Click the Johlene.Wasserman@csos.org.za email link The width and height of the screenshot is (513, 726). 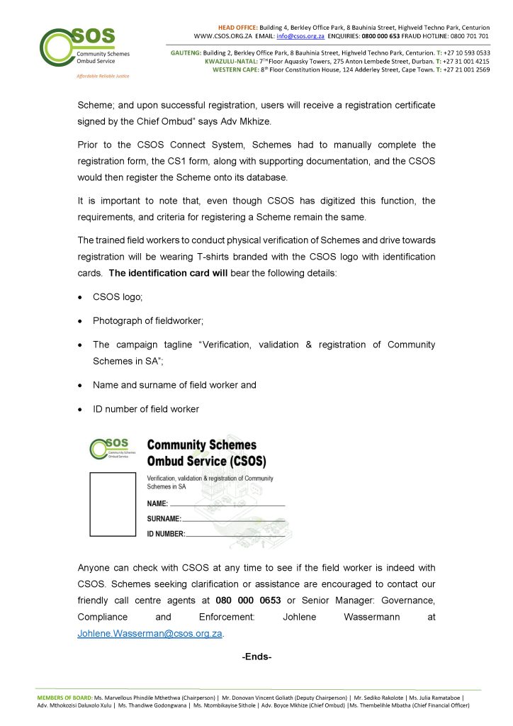point(150,633)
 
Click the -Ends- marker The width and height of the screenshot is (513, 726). point(256,657)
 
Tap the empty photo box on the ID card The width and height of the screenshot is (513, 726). point(113,505)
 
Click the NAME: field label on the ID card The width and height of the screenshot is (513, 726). point(157,503)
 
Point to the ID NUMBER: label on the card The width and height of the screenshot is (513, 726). point(166,534)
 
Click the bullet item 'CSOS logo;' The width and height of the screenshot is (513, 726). point(118,298)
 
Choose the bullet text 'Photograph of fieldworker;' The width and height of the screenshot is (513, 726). point(148,321)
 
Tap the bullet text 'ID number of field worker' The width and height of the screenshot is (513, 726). point(146,409)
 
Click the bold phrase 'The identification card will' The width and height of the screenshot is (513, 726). point(168,273)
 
